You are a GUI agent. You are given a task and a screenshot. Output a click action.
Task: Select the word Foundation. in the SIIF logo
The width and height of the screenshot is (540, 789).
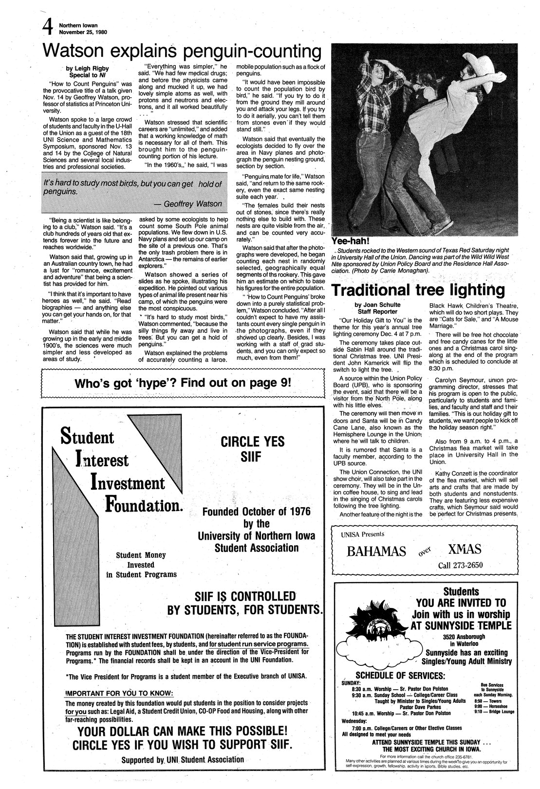(144, 506)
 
